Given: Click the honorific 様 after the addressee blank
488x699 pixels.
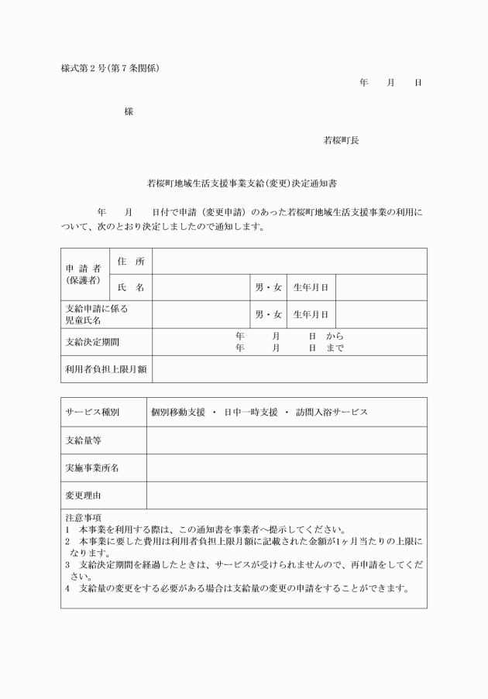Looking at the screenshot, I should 129,111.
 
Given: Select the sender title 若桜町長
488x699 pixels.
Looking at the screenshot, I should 341,141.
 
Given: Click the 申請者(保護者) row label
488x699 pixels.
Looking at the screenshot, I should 83,274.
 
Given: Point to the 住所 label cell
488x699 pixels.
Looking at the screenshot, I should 131,262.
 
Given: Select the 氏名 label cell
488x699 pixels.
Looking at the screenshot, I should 131,288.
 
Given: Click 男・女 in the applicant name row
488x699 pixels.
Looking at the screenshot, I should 268,288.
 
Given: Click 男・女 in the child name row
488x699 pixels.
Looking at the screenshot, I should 268,314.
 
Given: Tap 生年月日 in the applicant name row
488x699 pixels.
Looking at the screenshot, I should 311,288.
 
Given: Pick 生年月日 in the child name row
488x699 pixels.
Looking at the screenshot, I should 311,314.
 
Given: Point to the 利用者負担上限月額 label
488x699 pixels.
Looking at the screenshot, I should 105,369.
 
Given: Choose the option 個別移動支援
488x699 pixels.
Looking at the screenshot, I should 178,412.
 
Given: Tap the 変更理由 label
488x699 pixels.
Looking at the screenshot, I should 84,495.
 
